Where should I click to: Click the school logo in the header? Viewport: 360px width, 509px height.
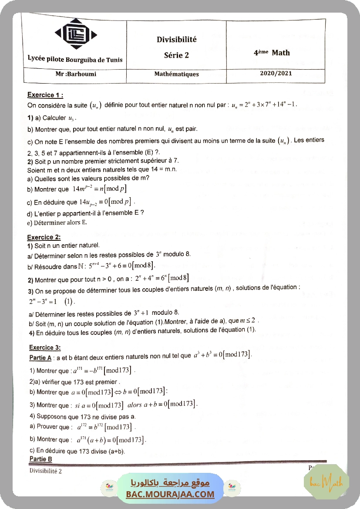click(76, 35)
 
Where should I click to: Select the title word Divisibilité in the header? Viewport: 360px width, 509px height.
click(177, 40)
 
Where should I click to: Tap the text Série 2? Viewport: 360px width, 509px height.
click(176, 55)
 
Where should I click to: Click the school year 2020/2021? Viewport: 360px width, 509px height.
click(276, 73)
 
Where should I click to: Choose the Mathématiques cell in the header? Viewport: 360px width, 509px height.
click(176, 74)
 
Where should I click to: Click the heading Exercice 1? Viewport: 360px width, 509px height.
click(45, 95)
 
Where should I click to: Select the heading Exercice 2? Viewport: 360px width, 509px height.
click(44, 237)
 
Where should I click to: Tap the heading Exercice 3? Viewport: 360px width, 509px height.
click(45, 347)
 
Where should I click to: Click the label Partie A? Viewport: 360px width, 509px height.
click(41, 357)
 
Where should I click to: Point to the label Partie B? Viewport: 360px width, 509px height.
click(41, 459)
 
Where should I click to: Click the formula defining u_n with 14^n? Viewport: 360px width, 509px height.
click(264, 105)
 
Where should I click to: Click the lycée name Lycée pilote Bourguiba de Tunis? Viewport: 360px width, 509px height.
click(75, 59)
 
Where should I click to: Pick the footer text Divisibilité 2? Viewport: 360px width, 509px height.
click(46, 471)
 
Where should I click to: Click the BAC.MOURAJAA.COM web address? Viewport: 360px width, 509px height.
click(170, 494)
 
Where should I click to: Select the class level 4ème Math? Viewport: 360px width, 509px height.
click(272, 53)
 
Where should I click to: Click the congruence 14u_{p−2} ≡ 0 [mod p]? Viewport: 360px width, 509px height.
click(104, 202)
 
